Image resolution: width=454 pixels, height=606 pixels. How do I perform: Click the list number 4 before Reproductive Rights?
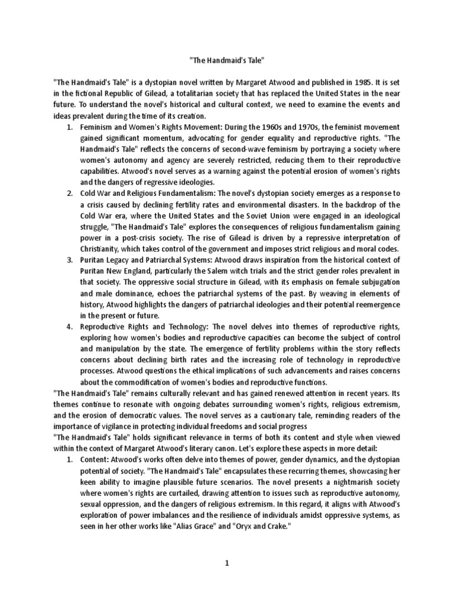click(x=70, y=327)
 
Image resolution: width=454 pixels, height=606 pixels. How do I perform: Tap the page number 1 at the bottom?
click(x=226, y=564)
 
